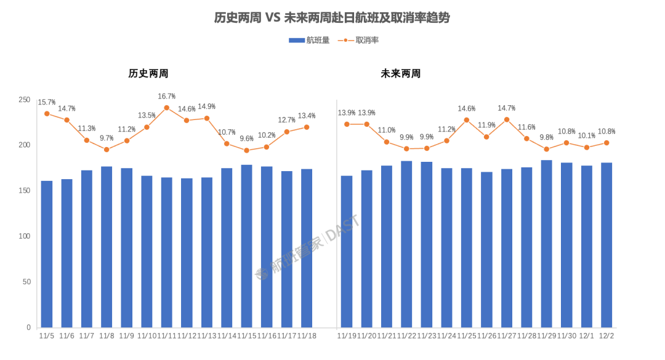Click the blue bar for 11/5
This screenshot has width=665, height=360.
coord(47,254)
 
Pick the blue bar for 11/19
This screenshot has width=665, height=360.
coord(347,251)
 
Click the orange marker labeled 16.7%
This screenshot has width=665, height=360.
coord(166,108)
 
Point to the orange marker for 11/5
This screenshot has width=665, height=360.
coord(47,113)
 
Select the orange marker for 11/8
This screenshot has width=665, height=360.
coord(107,150)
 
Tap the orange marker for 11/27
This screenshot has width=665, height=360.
coord(507,119)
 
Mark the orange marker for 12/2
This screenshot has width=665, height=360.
coord(606,143)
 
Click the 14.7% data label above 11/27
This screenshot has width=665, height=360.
coord(507,108)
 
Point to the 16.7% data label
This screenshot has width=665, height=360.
coord(166,96)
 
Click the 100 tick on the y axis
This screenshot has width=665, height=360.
coord(25,236)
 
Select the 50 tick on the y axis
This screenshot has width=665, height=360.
coord(26,282)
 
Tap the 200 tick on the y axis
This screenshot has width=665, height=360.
coord(25,145)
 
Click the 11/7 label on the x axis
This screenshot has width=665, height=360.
coord(87,335)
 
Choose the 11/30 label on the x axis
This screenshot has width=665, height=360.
coord(566,335)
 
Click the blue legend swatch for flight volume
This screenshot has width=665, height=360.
coord(297,41)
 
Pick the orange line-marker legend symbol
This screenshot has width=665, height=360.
coord(345,41)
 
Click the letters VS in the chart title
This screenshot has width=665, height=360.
coord(273,18)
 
